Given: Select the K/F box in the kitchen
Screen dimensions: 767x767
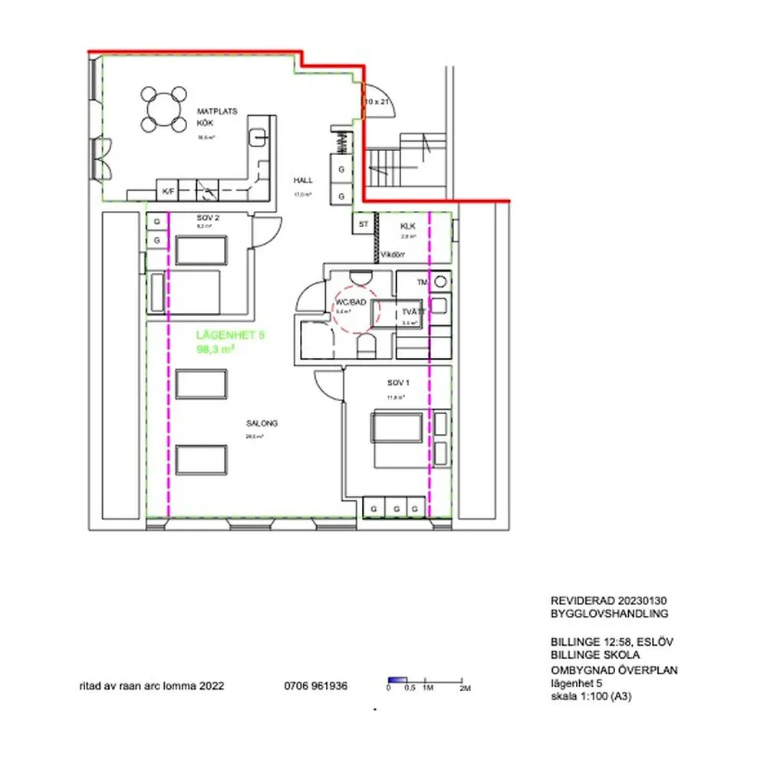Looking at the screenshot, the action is [166, 190].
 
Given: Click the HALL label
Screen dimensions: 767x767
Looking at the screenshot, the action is [303, 180].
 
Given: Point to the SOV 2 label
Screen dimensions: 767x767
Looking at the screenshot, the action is [208, 219].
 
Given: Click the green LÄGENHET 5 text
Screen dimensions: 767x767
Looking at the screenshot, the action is [230, 335].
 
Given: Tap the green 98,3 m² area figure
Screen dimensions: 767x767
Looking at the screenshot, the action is [216, 349].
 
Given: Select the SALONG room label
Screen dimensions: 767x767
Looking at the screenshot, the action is [262, 423].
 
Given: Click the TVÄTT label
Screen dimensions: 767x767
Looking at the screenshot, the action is [413, 312].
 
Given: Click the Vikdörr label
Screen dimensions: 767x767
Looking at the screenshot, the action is [393, 255].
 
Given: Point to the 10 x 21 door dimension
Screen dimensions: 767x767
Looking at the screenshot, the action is [376, 101].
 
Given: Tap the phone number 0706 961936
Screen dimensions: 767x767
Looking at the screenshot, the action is [315, 686].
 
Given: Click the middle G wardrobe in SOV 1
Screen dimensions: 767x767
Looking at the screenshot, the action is [395, 509].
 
